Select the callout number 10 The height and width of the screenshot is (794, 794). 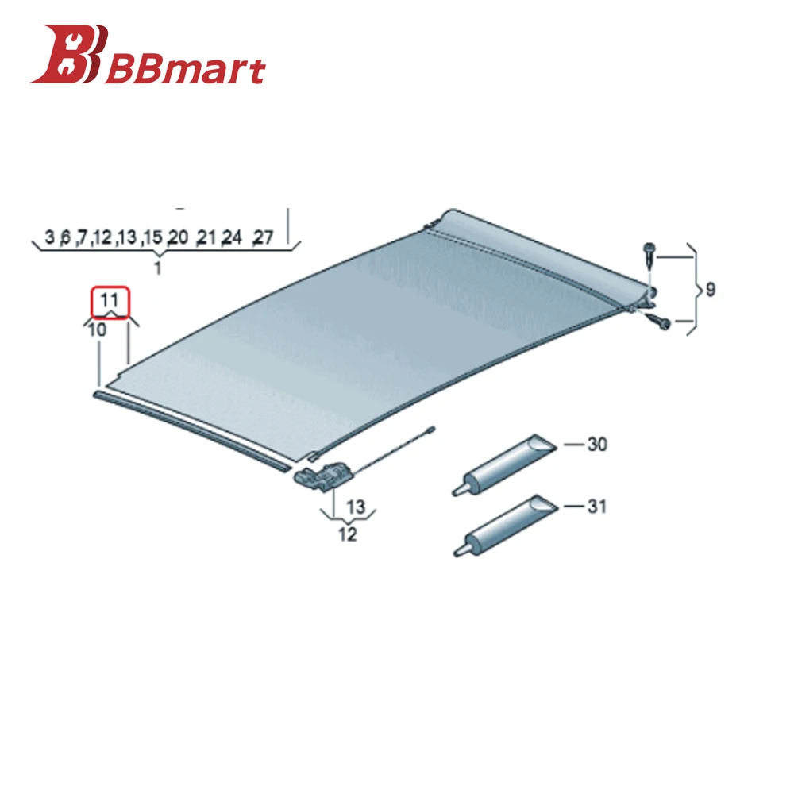tap(97, 330)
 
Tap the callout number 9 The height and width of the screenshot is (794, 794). tap(709, 290)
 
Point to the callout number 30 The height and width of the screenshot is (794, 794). tap(597, 445)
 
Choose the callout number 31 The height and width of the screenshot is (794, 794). tap(597, 505)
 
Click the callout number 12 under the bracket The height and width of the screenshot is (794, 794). tap(348, 534)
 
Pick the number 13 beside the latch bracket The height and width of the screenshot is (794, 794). tap(355, 506)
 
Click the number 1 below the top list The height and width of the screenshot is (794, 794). tap(157, 268)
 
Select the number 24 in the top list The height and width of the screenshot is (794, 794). tap(232, 237)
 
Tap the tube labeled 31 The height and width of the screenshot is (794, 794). tap(500, 524)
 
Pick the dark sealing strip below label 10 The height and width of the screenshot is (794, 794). tap(191, 430)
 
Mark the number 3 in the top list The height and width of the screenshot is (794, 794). tap(49, 237)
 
